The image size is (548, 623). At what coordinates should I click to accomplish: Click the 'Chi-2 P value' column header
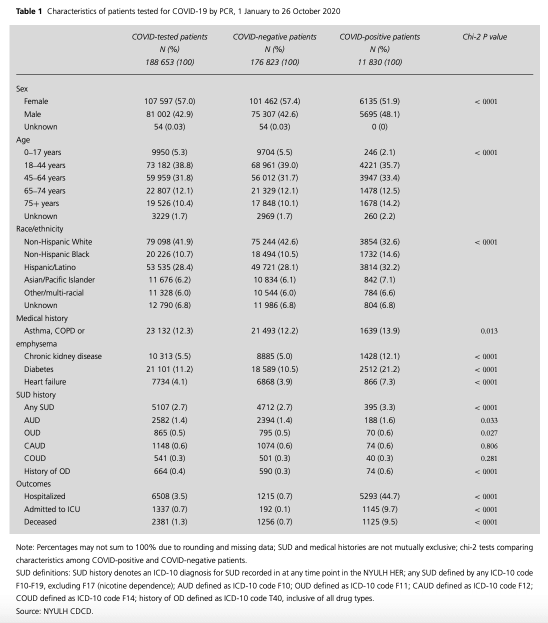(484, 36)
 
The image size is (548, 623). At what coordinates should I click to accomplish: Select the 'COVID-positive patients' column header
(379, 36)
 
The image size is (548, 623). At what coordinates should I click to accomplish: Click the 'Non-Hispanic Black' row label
(56, 254)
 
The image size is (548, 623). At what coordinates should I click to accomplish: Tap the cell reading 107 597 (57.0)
(169, 101)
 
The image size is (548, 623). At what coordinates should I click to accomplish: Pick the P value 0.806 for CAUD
(489, 446)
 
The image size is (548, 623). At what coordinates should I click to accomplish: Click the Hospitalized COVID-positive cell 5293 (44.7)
(379, 496)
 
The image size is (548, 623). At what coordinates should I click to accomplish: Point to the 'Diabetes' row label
(38, 369)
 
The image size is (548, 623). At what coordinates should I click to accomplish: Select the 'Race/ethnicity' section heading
(39, 229)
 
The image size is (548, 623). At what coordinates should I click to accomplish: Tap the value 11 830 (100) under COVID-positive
(379, 62)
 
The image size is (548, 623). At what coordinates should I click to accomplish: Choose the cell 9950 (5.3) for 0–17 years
(169, 152)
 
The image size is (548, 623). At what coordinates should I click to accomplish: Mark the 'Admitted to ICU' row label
(52, 509)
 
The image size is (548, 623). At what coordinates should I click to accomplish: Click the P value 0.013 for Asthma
(489, 331)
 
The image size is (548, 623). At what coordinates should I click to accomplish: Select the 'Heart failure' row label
(45, 382)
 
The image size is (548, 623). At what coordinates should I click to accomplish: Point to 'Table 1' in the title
(29, 11)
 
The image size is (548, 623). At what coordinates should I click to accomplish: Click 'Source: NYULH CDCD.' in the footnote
(54, 611)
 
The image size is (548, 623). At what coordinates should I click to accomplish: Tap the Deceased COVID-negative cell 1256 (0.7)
(274, 522)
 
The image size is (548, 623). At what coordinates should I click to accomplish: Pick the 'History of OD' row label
(47, 471)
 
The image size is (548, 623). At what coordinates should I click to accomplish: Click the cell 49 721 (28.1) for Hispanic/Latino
(274, 267)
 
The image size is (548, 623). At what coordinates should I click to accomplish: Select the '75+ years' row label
(41, 203)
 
